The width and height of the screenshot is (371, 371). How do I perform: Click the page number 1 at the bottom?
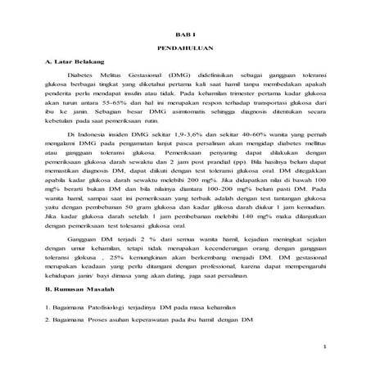pos(324,347)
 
